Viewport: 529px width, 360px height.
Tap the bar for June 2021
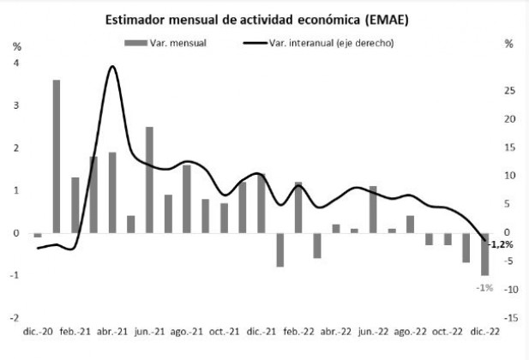click(x=149, y=179)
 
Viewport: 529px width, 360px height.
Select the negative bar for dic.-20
click(x=38, y=235)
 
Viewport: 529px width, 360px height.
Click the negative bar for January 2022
click(x=280, y=249)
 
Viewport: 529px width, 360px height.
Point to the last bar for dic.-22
click(x=484, y=254)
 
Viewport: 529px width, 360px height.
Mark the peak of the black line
click(x=112, y=66)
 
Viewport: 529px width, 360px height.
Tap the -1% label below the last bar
click(x=484, y=287)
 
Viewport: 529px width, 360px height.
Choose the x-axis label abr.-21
click(x=112, y=331)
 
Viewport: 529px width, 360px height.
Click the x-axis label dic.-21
click(x=261, y=331)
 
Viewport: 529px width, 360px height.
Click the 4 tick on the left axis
click(x=16, y=63)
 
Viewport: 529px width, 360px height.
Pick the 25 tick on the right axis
click(x=508, y=90)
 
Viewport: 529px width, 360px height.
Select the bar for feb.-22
click(x=298, y=207)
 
